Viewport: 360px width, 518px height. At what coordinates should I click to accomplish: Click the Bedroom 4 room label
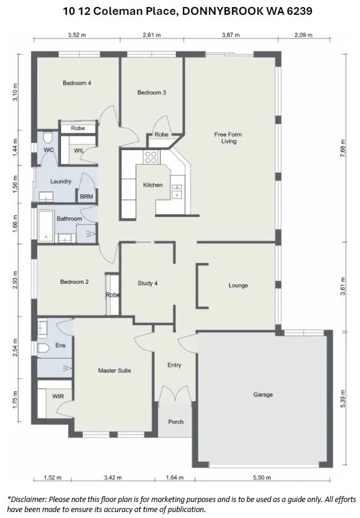77,83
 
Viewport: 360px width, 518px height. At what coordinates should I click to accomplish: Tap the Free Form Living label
228,138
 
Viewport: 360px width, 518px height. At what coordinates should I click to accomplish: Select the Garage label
263,395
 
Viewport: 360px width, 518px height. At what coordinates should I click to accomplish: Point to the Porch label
175,422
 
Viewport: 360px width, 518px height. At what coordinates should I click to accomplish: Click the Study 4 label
147,283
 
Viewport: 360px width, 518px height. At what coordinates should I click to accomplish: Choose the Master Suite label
114,370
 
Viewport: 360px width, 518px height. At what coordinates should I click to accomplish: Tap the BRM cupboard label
86,197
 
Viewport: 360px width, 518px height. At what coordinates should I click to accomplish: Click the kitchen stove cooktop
151,157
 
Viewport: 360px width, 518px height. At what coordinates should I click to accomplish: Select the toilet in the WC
48,137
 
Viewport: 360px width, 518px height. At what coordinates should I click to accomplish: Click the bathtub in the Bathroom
46,226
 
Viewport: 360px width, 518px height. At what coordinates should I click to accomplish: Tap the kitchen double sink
176,192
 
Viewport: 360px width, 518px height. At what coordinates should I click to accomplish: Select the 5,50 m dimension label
262,477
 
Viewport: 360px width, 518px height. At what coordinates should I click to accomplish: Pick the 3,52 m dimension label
77,35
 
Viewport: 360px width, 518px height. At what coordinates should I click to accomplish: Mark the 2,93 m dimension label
15,280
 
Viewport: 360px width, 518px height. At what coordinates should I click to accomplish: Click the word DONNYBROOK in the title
223,11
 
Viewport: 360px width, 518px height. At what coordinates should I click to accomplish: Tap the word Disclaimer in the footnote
28,499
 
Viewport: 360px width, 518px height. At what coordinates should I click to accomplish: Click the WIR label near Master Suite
58,396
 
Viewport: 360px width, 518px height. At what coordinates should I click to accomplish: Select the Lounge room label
238,286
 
